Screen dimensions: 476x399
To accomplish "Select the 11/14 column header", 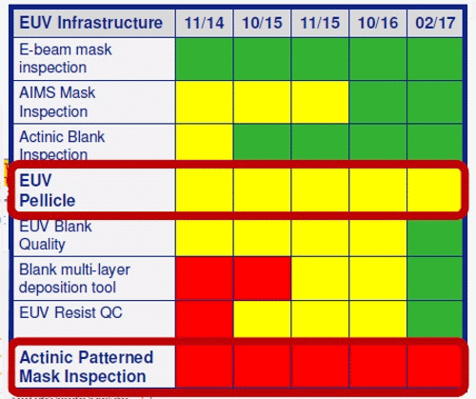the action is pyautogui.click(x=205, y=23).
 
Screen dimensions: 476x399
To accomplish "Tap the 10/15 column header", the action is pyautogui.click(x=262, y=23).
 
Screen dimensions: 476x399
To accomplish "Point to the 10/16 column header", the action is pyautogui.click(x=378, y=23).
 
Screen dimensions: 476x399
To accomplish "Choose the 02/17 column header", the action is pyautogui.click(x=435, y=23).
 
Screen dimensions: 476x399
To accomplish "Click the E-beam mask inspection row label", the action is pyautogui.click(x=66, y=58).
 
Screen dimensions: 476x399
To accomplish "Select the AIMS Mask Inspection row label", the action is pyautogui.click(x=57, y=102).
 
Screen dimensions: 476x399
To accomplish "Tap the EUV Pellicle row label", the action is pyautogui.click(x=48, y=190).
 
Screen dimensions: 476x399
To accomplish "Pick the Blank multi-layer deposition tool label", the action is pyautogui.click(x=74, y=278).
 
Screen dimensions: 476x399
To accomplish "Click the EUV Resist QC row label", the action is pyautogui.click(x=70, y=312).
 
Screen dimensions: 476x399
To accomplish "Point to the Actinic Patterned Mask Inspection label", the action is pyautogui.click(x=87, y=367).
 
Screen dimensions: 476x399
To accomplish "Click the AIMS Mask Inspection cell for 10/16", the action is pyautogui.click(x=378, y=102).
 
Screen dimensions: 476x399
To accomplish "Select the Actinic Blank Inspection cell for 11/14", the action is pyautogui.click(x=205, y=142).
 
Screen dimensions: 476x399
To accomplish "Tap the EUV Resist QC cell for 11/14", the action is pyautogui.click(x=205, y=319).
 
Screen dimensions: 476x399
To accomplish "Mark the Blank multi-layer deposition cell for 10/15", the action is pyautogui.click(x=262, y=278).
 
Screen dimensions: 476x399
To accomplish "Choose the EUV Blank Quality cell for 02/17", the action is pyautogui.click(x=435, y=237).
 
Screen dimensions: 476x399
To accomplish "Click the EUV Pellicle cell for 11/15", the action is pyautogui.click(x=320, y=190).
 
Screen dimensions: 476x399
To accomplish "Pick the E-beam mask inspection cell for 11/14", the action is pyautogui.click(x=205, y=59).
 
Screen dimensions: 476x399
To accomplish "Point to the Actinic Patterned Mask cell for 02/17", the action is pyautogui.click(x=434, y=367).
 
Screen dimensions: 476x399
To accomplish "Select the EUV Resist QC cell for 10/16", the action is pyautogui.click(x=378, y=319).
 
